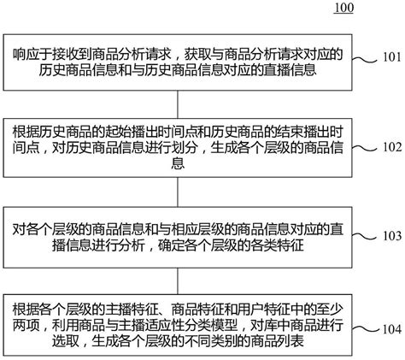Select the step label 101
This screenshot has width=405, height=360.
coord(391,60)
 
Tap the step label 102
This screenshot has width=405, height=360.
coord(391,145)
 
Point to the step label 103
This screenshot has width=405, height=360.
coord(391,234)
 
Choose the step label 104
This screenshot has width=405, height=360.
coord(391,328)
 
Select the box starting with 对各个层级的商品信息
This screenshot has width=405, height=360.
coord(179,234)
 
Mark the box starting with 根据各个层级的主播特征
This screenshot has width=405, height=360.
coord(179,325)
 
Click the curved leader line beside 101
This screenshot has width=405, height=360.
coord(365,60)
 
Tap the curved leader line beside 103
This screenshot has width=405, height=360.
coord(365,234)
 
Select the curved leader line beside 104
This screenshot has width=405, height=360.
coord(365,328)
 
